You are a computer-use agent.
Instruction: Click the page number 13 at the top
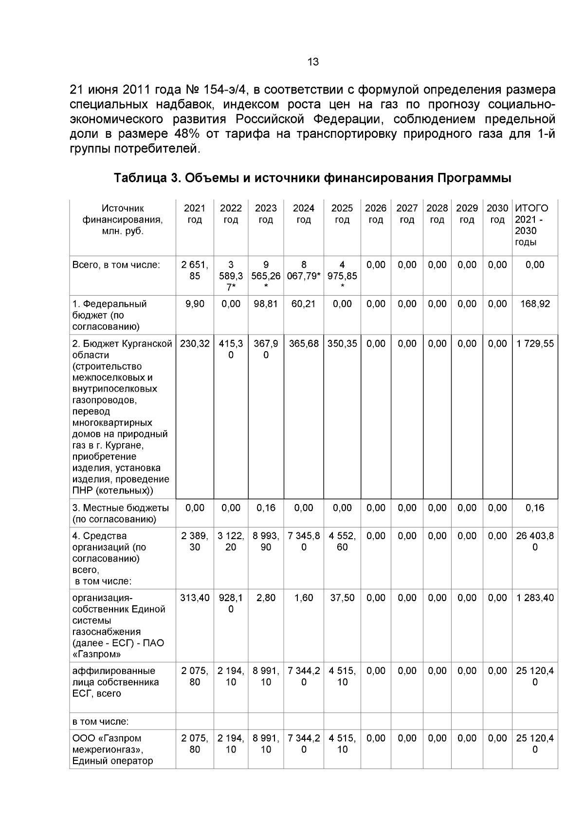[x=313, y=62]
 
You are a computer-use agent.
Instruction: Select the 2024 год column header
[x=303, y=214]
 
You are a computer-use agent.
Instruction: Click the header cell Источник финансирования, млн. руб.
[x=123, y=220]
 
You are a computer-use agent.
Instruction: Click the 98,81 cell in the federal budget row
[x=266, y=304]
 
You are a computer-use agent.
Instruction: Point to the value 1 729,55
[x=534, y=344]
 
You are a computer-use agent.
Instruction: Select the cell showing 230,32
[x=195, y=344]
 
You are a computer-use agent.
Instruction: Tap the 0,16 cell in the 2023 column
[x=266, y=508]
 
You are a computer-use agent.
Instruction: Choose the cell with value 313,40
[x=195, y=598]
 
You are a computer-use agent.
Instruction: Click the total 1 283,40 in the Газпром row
[x=534, y=598]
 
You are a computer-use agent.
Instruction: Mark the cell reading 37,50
[x=342, y=598]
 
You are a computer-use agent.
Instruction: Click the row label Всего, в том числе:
[x=116, y=265]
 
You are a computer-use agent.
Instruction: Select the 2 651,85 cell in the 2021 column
[x=195, y=271]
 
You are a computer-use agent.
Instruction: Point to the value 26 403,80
[x=534, y=542]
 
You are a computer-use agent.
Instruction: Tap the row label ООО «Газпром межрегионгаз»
[x=113, y=749]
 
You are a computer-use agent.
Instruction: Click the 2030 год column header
[x=497, y=214]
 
